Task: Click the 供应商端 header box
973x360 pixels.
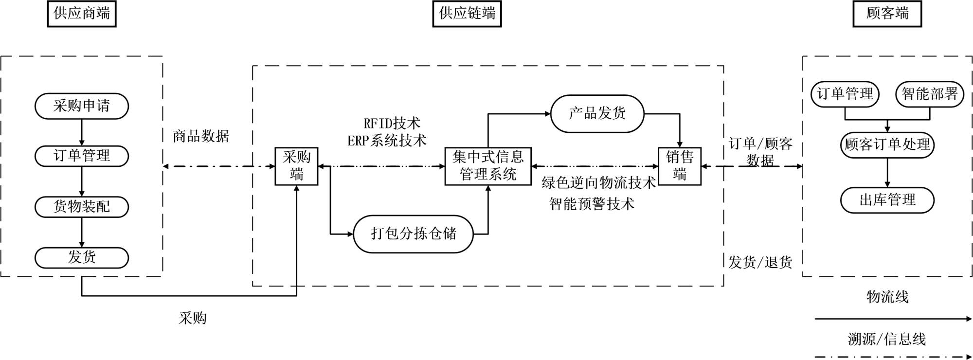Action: click(x=82, y=14)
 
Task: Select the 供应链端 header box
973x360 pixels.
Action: click(x=467, y=14)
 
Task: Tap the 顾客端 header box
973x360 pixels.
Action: click(x=887, y=14)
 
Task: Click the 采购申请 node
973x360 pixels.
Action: click(x=82, y=106)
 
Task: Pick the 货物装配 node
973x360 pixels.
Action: click(x=82, y=207)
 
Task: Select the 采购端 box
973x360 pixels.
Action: click(x=296, y=166)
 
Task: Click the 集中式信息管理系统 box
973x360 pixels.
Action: click(x=488, y=166)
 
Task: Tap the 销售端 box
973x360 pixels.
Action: click(x=680, y=166)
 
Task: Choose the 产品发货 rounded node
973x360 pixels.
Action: click(x=597, y=114)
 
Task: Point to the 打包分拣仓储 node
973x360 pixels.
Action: click(x=413, y=234)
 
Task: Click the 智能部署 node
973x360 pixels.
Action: click(x=929, y=94)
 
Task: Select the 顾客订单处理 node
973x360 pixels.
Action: click(x=887, y=145)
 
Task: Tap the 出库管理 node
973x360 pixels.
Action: click(x=887, y=200)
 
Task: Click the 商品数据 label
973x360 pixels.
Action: click(x=201, y=136)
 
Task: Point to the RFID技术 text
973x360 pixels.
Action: click(x=392, y=123)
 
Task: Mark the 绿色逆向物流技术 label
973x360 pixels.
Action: click(x=598, y=183)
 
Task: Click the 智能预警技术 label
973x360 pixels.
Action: click(x=592, y=204)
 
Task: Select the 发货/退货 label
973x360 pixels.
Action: click(x=760, y=263)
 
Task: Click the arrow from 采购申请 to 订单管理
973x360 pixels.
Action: click(x=82, y=132)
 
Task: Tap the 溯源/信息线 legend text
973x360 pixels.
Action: click(x=887, y=339)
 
